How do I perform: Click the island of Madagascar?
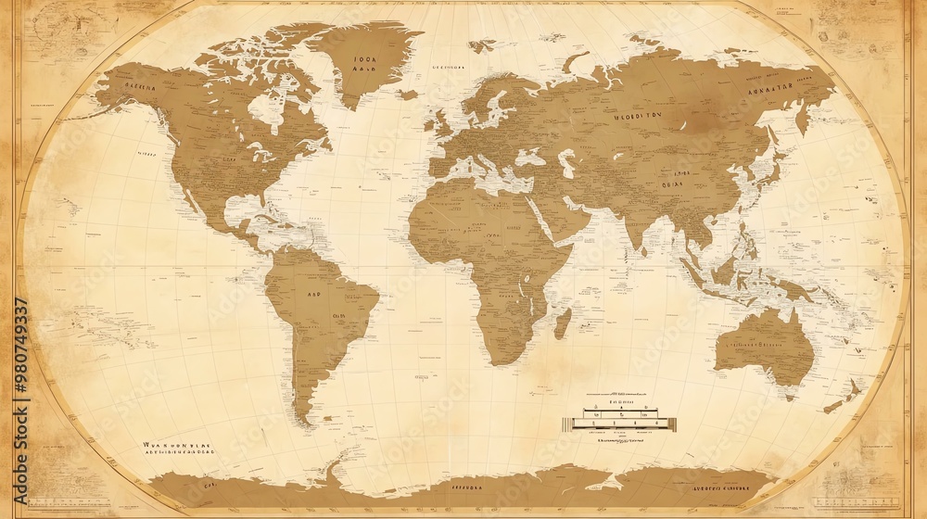(x=562, y=323)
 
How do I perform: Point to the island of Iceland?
(x=408, y=95)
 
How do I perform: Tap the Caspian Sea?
(x=566, y=163)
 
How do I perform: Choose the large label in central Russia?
(x=638, y=118)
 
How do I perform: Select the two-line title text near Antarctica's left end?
(x=177, y=450)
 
